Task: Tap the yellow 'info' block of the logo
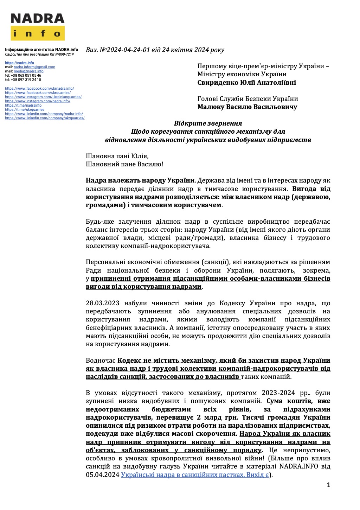(37, 33)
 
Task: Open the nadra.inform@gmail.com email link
(34, 67)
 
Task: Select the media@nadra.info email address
(28, 71)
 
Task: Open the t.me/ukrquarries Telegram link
(25, 109)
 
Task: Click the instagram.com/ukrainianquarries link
(43, 97)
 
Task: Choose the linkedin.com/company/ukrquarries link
(45, 118)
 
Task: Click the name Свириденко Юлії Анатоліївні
(246, 83)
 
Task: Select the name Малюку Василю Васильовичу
(247, 107)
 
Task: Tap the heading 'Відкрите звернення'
(208, 123)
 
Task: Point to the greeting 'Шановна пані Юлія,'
(115, 156)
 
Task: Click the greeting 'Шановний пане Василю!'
(124, 164)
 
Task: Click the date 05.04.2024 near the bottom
(103, 475)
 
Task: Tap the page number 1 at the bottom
(328, 485)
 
